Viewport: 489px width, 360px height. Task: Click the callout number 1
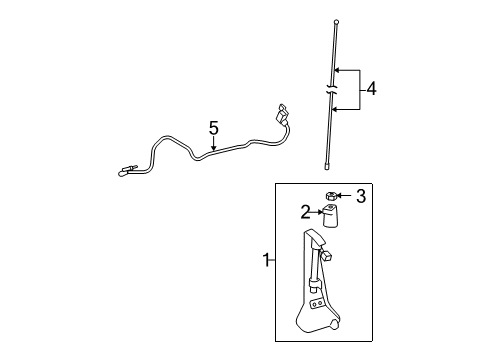pos(266,261)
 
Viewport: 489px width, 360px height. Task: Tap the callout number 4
pos(371,89)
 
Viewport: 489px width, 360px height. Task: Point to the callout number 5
pos(213,127)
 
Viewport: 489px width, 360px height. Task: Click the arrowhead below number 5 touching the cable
pos(213,148)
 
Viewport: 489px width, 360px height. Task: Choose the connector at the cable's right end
pos(282,115)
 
